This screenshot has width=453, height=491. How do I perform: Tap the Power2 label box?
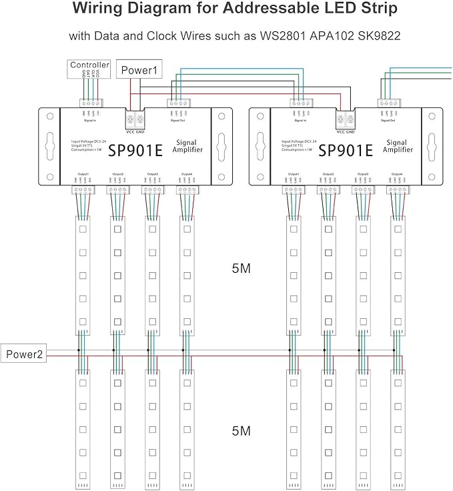[x=25, y=355]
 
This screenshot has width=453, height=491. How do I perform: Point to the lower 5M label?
[x=241, y=431]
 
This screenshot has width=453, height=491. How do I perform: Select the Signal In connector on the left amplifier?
[x=89, y=103]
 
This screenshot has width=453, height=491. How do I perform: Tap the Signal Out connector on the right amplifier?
[x=388, y=103]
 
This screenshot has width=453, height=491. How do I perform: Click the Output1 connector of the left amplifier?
[x=83, y=189]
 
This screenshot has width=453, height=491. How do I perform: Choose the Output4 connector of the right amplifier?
[x=398, y=189]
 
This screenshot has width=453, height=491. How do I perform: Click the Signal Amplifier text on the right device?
[x=399, y=145]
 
